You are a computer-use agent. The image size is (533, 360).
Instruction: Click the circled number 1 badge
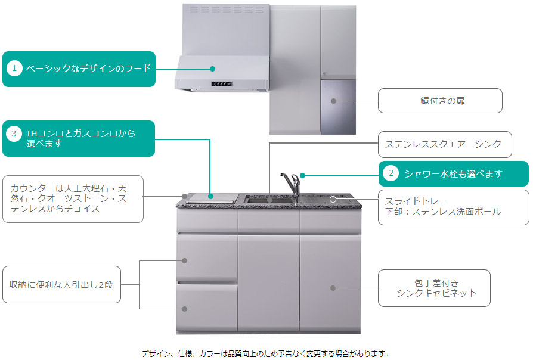(14, 69)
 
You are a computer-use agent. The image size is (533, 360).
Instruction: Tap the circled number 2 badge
(391, 173)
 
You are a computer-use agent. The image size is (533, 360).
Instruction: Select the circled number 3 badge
(14, 134)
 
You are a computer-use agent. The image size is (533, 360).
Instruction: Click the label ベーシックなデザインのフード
(88, 69)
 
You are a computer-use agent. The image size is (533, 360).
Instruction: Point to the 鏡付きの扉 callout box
(439, 101)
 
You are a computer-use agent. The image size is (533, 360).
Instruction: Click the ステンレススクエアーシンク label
(443, 144)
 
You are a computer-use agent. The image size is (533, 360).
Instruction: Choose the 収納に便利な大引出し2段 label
(61, 285)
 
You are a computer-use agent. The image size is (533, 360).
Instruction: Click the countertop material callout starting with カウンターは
(72, 199)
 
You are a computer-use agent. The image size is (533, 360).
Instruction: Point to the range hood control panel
(221, 84)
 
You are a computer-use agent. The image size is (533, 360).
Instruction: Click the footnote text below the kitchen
(265, 353)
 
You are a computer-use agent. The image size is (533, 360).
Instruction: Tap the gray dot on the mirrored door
(334, 101)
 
